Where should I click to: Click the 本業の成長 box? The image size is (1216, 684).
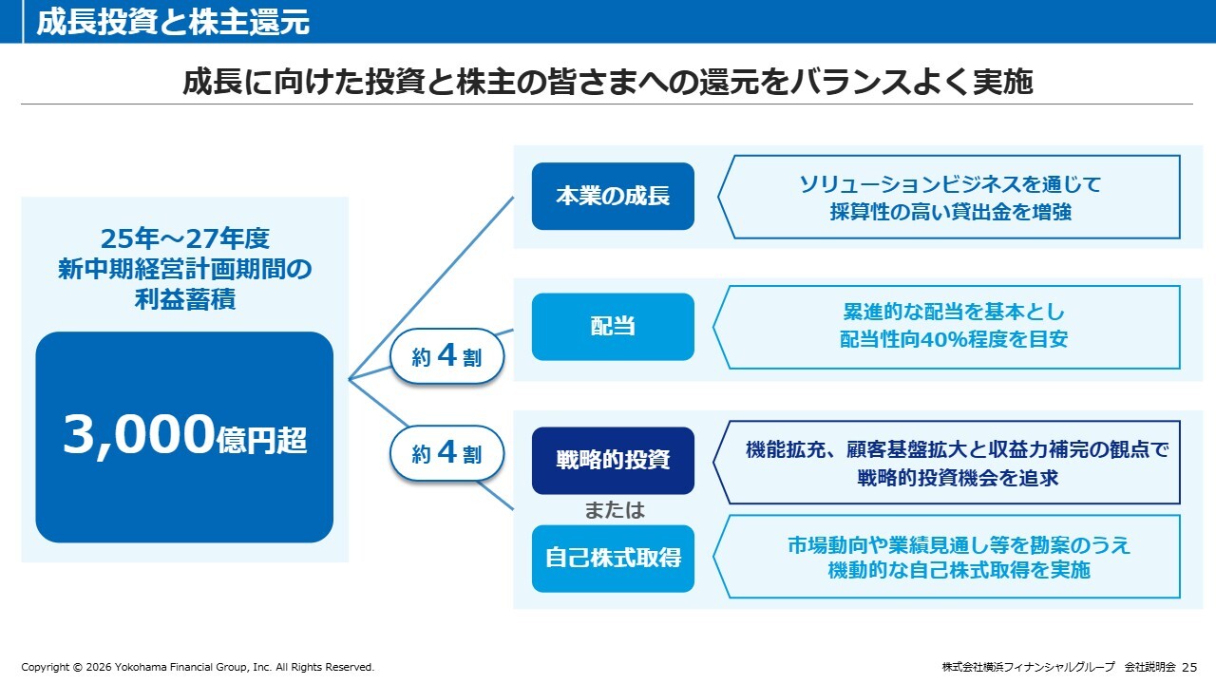[x=613, y=197]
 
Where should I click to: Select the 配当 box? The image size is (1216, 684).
[x=613, y=327]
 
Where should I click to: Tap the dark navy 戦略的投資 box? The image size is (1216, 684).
[x=613, y=460]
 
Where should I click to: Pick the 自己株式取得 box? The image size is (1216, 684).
[x=613, y=558]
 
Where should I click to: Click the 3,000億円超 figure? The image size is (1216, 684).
[x=184, y=436]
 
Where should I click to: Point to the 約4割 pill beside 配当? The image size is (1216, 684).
[x=446, y=356]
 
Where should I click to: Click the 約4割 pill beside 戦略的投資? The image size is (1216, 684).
[x=446, y=454]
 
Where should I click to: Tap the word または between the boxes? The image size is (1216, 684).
[x=614, y=510]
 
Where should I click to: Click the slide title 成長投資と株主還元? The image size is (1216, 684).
[x=173, y=23]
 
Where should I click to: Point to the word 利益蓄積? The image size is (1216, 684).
[x=184, y=301]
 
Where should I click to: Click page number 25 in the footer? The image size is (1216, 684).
[x=1189, y=667]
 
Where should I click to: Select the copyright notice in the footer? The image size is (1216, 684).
[x=198, y=667]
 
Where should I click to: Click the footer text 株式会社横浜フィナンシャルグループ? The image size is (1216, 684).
[x=1028, y=667]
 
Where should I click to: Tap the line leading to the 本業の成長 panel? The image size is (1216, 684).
[x=432, y=288]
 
